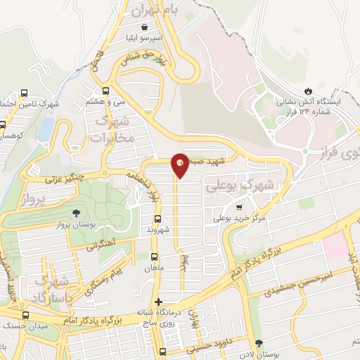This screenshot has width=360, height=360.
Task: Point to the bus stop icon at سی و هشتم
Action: pos(106,90)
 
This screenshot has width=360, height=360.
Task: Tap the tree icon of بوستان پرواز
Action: pos(77,213)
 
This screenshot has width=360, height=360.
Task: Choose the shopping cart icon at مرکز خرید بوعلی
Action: pos(240,207)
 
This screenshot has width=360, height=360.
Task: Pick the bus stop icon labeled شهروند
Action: pos(156,219)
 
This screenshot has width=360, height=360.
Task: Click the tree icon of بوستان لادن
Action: pos(260,341)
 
